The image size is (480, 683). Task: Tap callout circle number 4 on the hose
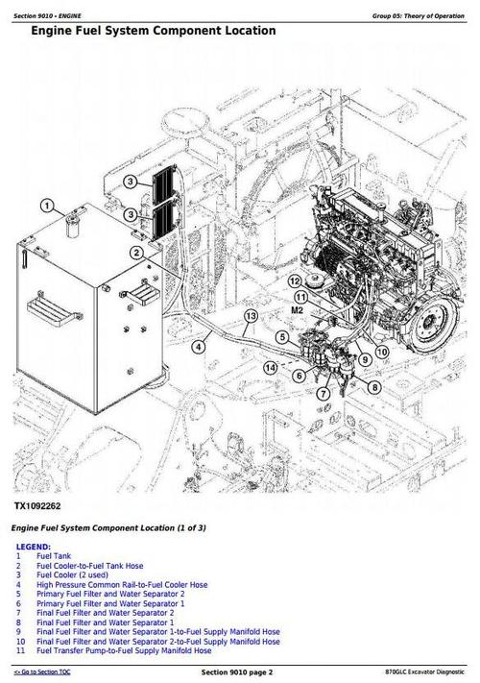coord(198,347)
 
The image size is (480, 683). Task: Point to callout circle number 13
coord(251,316)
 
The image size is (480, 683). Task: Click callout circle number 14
coord(271,367)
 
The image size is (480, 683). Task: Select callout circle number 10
coord(382,353)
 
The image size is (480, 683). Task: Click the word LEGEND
coord(34,547)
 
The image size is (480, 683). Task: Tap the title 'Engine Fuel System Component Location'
coord(153,31)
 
